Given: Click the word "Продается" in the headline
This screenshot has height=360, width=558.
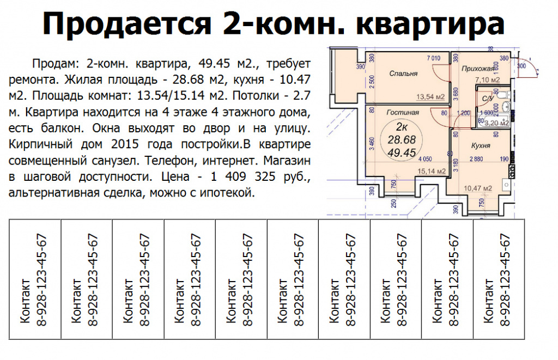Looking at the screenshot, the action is pos(127,24).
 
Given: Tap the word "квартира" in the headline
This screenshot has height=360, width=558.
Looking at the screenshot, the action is pos(430,24).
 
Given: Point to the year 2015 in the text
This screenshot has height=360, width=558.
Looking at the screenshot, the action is pos(124,144).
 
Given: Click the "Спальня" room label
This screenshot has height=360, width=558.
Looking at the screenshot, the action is pos(403,74).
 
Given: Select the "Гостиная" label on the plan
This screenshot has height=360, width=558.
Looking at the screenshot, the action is pos(403,112).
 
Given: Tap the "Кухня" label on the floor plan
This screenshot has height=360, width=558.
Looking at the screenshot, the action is pos(481,145).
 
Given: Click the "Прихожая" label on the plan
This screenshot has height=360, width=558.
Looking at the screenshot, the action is pos(478,69).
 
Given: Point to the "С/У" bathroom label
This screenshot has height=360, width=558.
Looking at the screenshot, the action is pos(487,99).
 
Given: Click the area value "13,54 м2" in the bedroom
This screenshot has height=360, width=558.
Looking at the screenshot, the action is pos(430,97).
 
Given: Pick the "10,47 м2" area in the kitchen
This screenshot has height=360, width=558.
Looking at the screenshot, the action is pos(477,188).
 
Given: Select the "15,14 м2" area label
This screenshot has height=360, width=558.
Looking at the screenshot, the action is pos(432,172).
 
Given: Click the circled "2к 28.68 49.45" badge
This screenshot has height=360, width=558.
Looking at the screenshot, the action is pos(402,140).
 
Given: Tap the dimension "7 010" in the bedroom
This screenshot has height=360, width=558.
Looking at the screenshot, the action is pos(433,58).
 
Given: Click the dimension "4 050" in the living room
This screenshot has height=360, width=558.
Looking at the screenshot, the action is pos(425,160).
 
